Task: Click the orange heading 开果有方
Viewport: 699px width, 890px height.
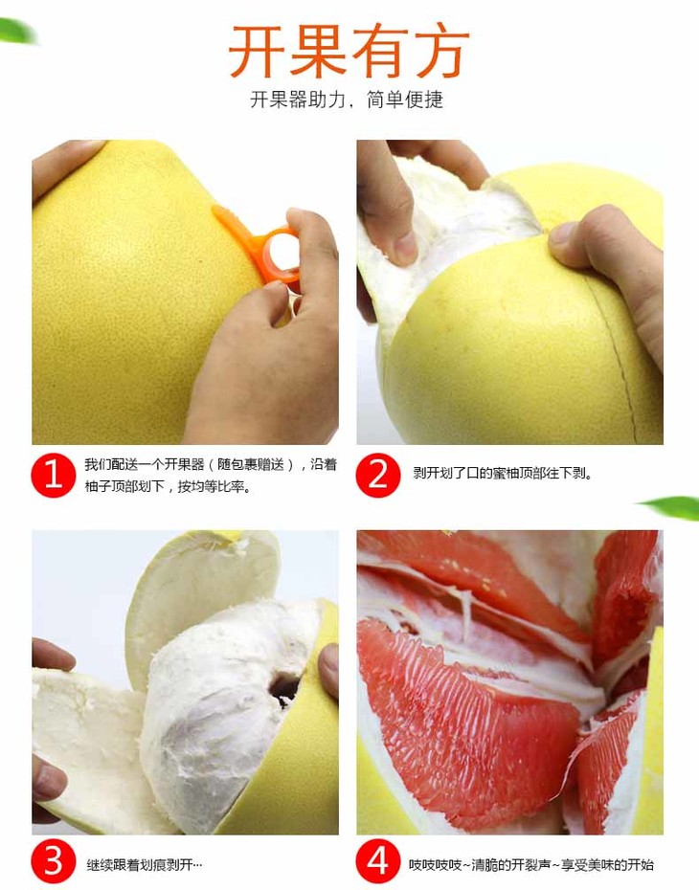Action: pos(349,51)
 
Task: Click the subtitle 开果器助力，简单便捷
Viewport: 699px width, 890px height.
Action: pos(347,100)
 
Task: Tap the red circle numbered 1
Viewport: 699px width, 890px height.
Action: pos(53,475)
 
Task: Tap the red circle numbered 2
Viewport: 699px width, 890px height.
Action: pos(378,475)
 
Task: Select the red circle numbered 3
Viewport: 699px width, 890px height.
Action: pos(53,861)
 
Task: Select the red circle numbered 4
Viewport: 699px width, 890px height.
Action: pos(378,861)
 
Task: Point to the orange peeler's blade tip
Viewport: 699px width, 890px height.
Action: pos(215,209)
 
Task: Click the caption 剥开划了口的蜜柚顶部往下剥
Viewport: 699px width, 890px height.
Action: pos(503,474)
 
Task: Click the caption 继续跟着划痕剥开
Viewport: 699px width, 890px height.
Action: pos(144,865)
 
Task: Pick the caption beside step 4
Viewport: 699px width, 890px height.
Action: pos(530,865)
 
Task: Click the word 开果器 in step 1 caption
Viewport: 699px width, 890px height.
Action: pos(184,465)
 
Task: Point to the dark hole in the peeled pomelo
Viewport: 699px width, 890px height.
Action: pos(283,688)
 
